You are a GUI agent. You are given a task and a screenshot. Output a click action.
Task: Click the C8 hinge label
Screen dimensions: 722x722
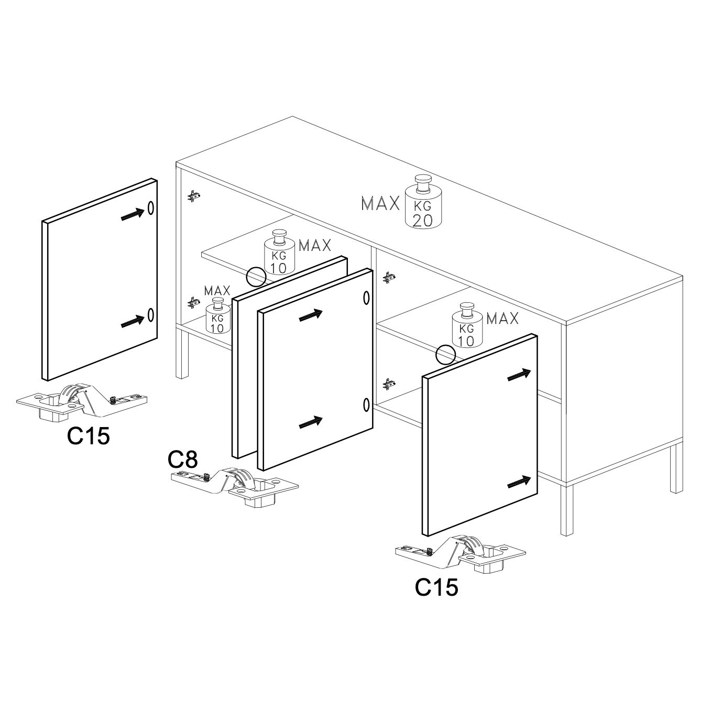point(182,460)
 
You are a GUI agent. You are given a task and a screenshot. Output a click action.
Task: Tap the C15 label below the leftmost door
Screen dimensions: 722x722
point(89,436)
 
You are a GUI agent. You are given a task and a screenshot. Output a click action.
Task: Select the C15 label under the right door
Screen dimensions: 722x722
point(436,587)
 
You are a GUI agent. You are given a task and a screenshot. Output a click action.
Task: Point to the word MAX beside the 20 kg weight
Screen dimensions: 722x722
point(380,203)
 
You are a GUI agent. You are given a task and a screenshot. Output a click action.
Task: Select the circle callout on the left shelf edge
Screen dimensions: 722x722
point(256,277)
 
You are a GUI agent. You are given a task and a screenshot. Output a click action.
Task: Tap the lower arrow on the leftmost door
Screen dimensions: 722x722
point(133,321)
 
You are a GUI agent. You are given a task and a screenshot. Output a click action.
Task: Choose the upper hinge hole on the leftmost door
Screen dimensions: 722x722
point(150,207)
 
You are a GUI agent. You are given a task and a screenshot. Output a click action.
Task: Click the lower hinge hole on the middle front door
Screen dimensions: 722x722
point(366,405)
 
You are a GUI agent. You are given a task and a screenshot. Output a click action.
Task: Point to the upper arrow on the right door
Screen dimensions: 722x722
point(519,375)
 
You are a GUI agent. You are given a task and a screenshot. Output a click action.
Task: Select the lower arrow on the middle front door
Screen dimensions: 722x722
point(311,422)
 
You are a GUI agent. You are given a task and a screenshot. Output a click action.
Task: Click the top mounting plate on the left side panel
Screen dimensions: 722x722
point(194,195)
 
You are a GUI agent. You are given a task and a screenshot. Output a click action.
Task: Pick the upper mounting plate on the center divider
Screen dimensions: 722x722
point(388,277)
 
